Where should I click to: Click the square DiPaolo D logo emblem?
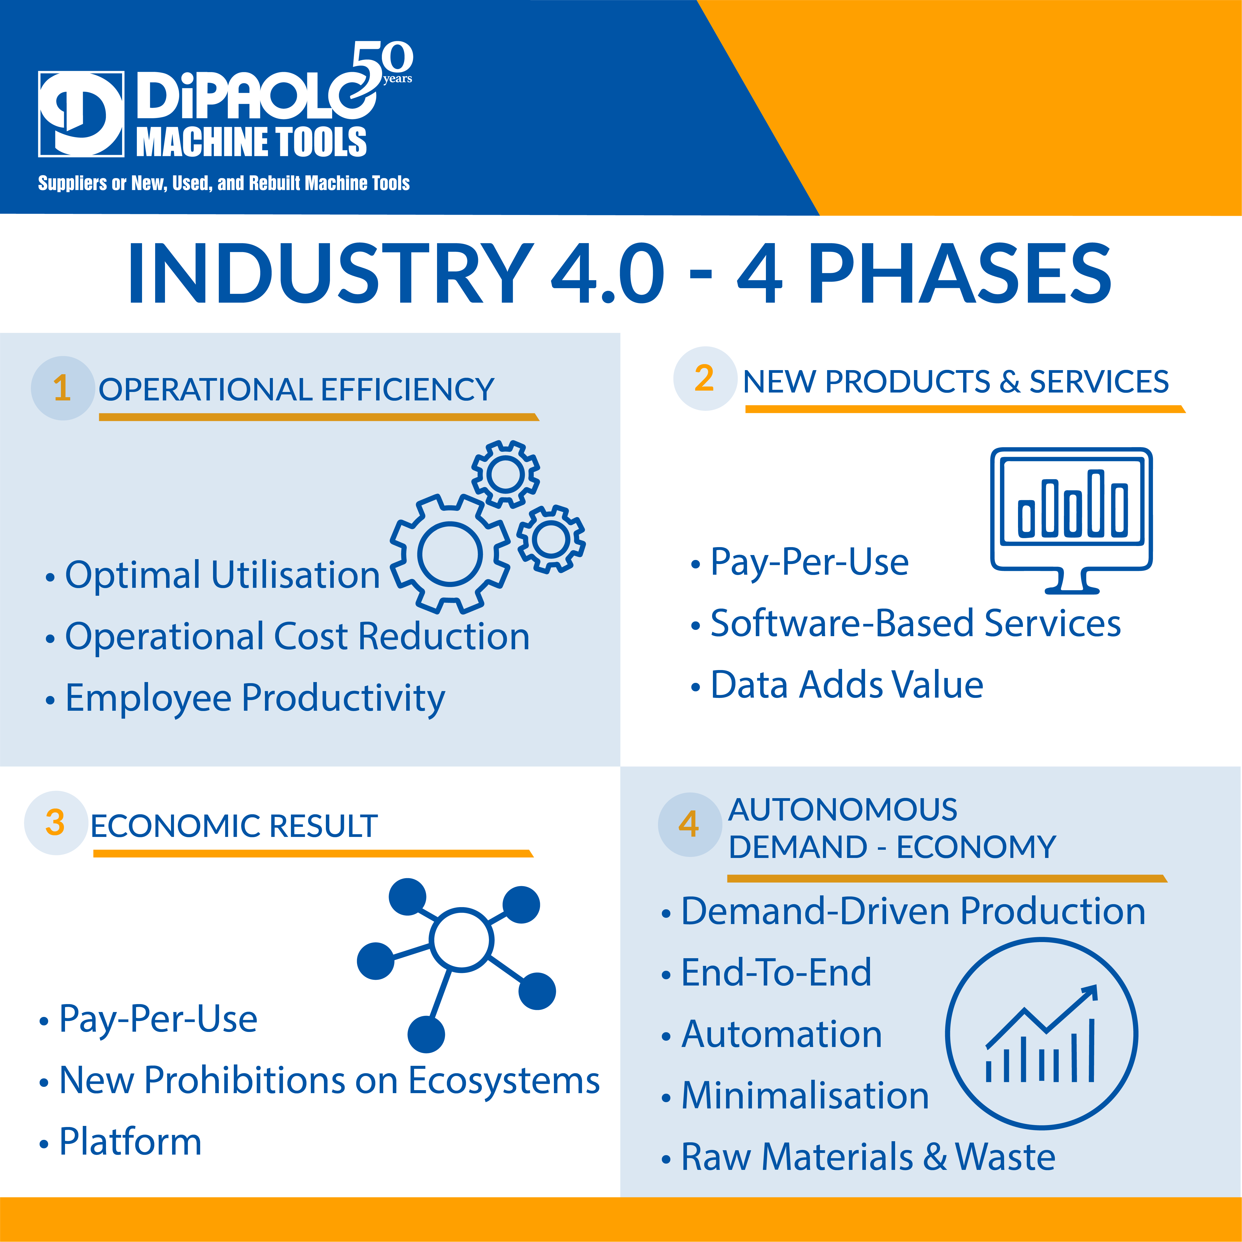(81, 114)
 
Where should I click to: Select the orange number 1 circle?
(62, 388)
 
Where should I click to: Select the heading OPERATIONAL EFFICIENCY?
(296, 390)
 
